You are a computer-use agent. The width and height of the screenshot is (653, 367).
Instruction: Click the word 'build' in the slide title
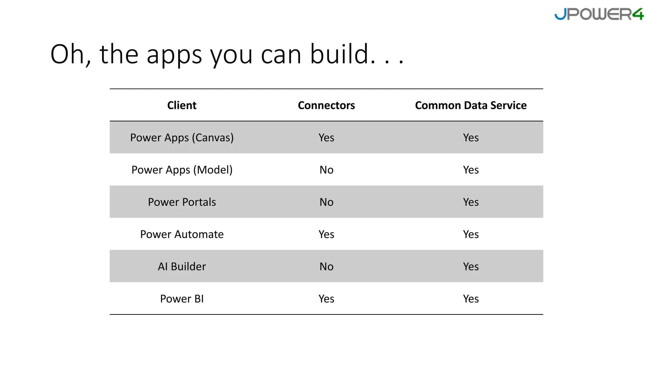(x=339, y=54)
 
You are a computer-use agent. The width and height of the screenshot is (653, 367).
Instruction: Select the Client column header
(x=182, y=105)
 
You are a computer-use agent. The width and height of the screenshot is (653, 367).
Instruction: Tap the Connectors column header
(x=326, y=105)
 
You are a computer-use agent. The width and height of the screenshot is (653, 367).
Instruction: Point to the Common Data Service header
(x=471, y=105)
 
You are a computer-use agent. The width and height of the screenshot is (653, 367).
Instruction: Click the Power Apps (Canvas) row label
(x=182, y=138)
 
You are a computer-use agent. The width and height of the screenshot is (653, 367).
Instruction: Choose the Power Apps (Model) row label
(x=182, y=170)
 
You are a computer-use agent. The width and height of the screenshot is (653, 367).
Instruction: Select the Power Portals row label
(x=182, y=202)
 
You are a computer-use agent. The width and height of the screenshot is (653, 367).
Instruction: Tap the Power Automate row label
(x=182, y=234)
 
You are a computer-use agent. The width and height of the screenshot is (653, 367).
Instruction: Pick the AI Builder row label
(x=182, y=267)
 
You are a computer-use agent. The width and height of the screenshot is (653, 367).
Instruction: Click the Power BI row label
(x=182, y=299)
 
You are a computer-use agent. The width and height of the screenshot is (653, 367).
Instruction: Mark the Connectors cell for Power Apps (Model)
(x=326, y=170)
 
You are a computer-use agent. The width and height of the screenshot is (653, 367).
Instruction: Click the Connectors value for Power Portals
(x=326, y=202)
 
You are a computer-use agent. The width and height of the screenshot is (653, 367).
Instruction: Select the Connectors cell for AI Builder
(x=326, y=267)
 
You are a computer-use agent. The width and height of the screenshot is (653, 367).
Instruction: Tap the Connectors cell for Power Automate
(x=326, y=234)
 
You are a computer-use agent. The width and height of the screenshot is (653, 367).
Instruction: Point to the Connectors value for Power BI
(x=326, y=299)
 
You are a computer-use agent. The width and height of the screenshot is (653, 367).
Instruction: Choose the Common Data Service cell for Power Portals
(x=471, y=202)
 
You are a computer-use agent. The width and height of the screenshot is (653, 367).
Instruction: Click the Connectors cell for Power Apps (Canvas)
(x=326, y=138)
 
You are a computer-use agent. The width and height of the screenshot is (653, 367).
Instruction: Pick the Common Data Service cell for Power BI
(x=471, y=299)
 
